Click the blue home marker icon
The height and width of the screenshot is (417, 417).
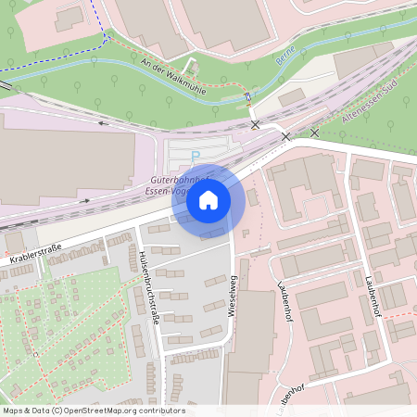coord(208,200)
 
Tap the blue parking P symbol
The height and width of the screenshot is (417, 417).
coord(195,155)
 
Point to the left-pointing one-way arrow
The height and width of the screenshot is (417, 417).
coord(101,121)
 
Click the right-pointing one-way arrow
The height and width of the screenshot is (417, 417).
coord(85,198)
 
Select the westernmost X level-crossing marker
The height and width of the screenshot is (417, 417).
coord(255,123)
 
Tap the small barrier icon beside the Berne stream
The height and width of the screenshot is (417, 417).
coord(247,95)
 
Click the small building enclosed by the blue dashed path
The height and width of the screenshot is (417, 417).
coord(69,19)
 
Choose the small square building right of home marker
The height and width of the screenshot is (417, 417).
coord(253,196)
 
